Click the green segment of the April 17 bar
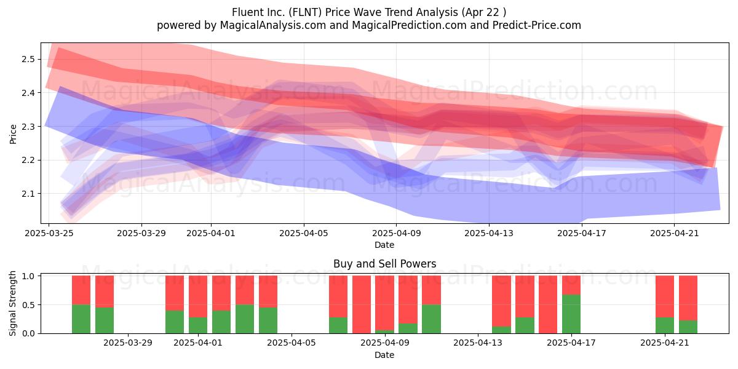click(x=571, y=314)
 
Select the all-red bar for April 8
click(x=362, y=304)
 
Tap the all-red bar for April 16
click(x=548, y=304)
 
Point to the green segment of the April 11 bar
click(x=431, y=319)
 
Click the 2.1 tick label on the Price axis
click(x=28, y=194)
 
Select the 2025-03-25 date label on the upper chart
click(x=49, y=233)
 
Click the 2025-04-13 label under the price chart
click(x=488, y=233)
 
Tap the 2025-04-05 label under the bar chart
click(x=292, y=343)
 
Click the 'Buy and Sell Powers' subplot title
click(x=384, y=264)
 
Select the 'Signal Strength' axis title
click(x=12, y=303)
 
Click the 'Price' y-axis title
click(x=13, y=134)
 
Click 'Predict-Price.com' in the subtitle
click(x=536, y=25)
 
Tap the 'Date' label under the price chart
click(x=384, y=245)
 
